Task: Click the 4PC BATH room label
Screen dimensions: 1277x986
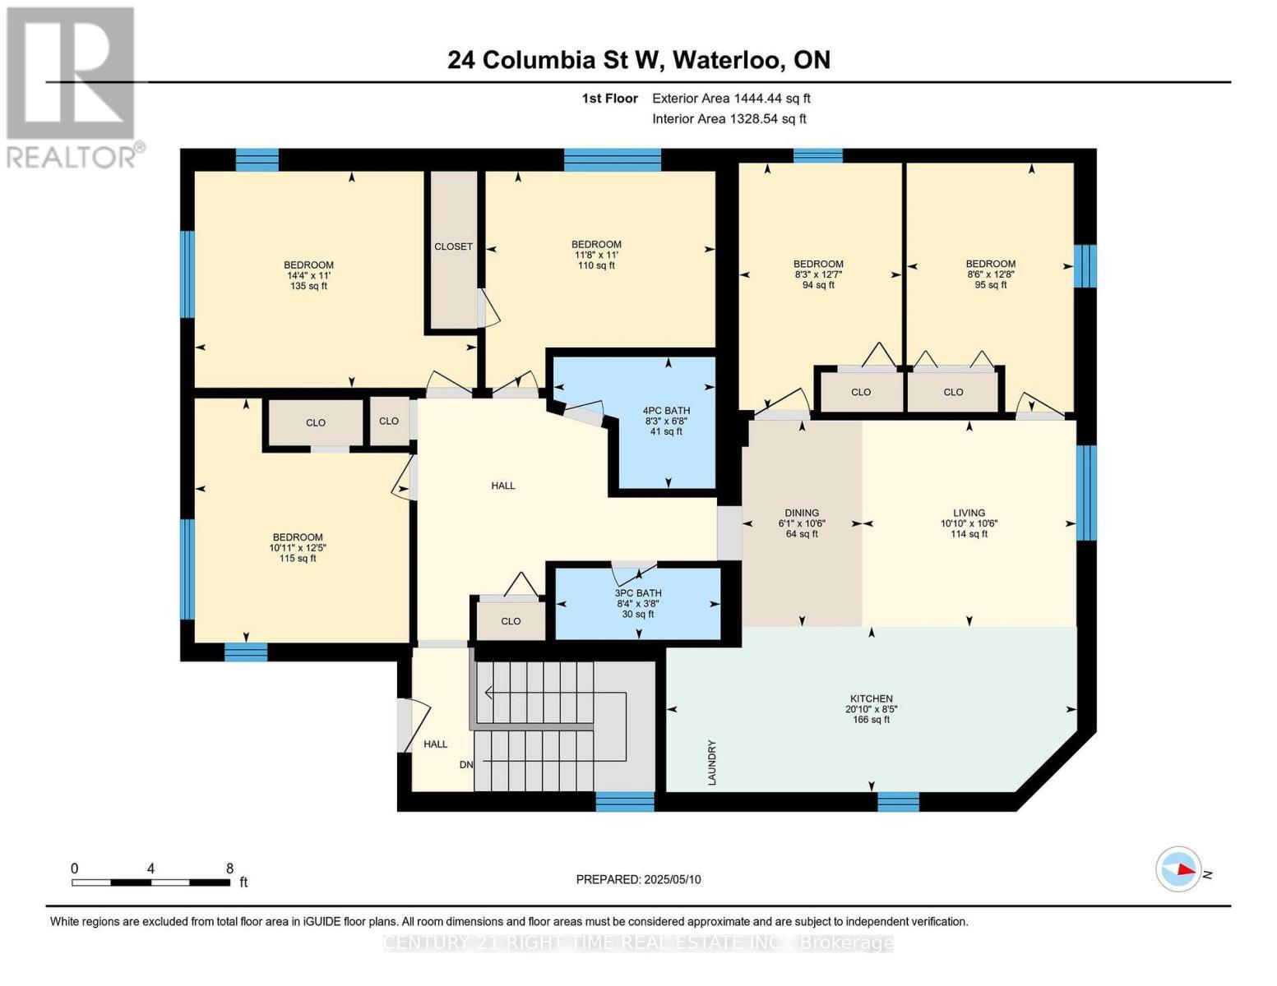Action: tap(666, 411)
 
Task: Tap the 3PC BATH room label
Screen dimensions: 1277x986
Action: tap(637, 593)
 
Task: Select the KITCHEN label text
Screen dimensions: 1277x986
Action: tap(871, 699)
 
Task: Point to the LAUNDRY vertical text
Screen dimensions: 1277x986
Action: tap(712, 763)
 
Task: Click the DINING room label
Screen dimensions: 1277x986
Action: tap(802, 513)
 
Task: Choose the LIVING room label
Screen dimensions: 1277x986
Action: tap(969, 513)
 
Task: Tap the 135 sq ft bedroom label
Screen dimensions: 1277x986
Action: tap(308, 275)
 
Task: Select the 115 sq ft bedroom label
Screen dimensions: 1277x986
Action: tap(298, 547)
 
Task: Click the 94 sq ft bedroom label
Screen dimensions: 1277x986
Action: tap(818, 274)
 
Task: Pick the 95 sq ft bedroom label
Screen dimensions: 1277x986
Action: tap(990, 274)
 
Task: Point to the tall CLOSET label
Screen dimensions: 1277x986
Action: tap(453, 246)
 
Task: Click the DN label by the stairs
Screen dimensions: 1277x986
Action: tap(466, 765)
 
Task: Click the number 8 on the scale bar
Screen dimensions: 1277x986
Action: tap(229, 868)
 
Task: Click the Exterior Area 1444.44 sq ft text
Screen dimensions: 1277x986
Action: tap(731, 99)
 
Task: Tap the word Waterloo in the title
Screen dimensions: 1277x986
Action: tap(728, 60)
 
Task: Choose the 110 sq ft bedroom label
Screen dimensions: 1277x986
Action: tap(596, 255)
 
